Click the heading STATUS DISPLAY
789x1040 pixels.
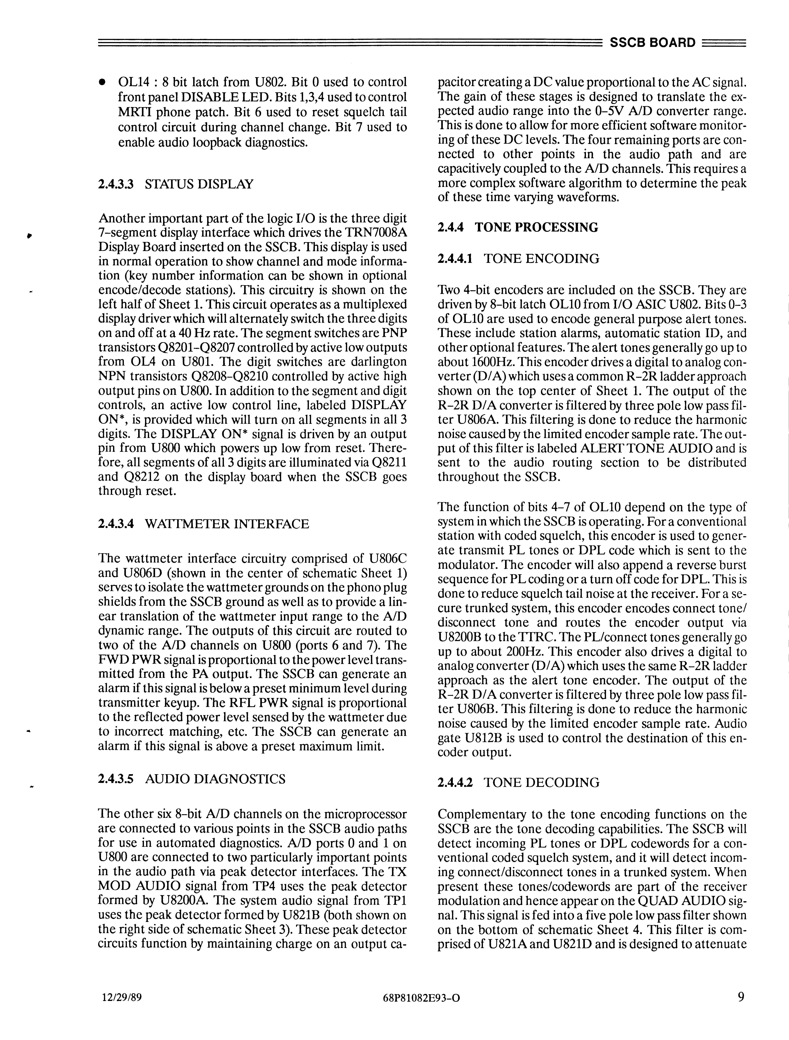[199, 184]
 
